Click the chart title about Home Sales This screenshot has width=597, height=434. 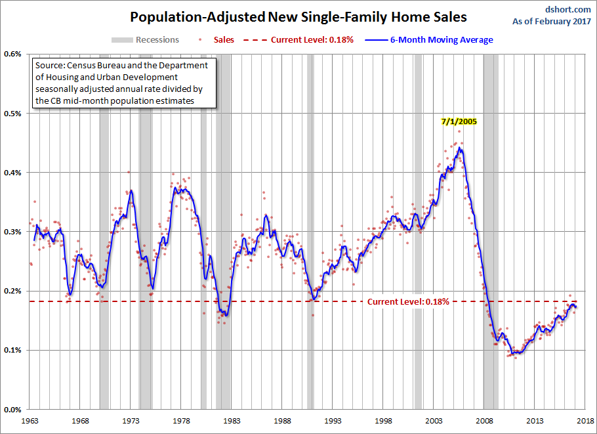tap(298, 16)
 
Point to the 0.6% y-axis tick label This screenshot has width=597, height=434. tap(13, 54)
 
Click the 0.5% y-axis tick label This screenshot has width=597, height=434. tap(13, 113)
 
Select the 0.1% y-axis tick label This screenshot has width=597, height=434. tap(13, 350)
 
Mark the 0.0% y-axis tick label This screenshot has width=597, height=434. tap(13, 409)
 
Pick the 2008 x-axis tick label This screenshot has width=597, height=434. tap(485, 420)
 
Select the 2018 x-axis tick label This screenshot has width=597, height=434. tap(587, 420)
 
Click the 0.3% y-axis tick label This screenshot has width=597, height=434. tap(13, 231)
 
